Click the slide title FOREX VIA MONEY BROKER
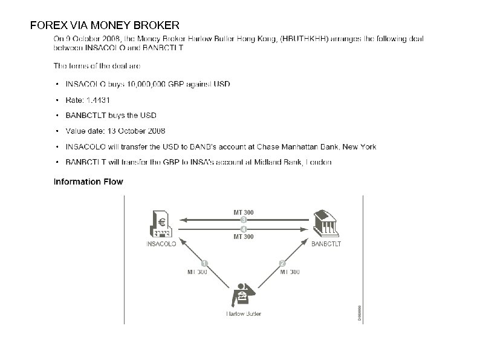click(105, 25)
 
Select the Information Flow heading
click(88, 182)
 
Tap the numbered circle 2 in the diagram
click(282, 263)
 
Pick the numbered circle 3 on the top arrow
click(243, 220)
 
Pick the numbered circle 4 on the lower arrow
click(243, 229)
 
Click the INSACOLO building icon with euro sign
click(160, 224)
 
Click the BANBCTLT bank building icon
click(326, 224)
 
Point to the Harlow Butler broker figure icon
click(243, 295)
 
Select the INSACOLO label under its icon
click(161, 245)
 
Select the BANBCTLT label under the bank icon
click(326, 245)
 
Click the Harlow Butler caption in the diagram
click(244, 314)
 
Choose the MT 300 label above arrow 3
click(243, 212)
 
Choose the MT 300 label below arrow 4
click(243, 237)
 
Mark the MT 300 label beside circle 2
click(289, 272)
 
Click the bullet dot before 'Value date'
click(57, 131)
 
